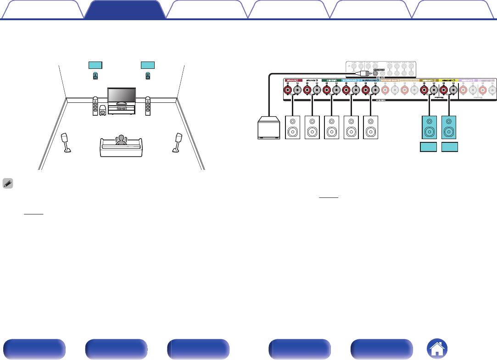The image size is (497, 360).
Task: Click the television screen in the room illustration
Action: (121, 96)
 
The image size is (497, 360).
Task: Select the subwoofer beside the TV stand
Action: (102, 111)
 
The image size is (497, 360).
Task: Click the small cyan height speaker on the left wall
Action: (95, 76)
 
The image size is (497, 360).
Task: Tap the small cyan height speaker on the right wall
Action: (148, 76)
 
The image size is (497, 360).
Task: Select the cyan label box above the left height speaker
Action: (95, 64)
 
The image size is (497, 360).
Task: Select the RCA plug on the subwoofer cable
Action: (365, 73)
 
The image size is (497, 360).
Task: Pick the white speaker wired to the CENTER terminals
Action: (332, 128)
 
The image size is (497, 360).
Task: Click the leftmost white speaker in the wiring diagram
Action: (293, 128)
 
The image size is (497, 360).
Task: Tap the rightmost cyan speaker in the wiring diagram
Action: (449, 128)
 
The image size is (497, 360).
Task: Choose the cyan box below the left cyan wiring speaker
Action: (429, 148)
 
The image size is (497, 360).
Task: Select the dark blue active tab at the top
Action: (124, 9)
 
